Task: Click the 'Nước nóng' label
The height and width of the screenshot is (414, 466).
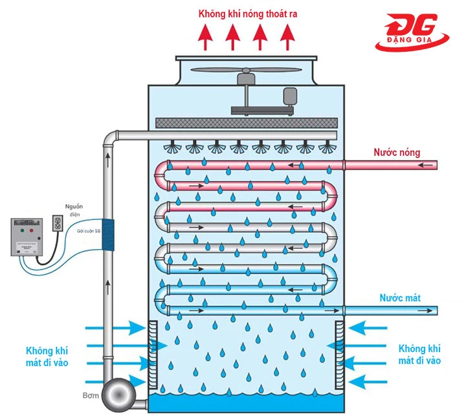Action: pos(396,153)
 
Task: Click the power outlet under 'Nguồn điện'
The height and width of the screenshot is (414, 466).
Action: pos(57,224)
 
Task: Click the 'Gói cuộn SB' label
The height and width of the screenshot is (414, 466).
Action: pos(87,231)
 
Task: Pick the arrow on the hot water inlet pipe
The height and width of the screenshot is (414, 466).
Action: pos(424,166)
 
